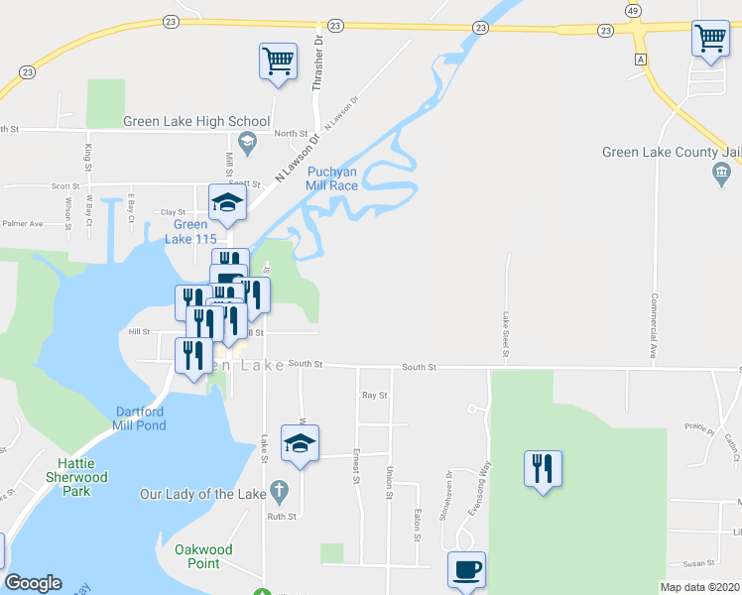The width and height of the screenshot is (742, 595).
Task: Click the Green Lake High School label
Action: pos(196,122)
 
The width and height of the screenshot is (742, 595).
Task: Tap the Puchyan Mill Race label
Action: pos(338,178)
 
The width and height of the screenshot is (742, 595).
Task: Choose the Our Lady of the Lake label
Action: pos(202,493)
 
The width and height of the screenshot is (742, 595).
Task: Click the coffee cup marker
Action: pos(466,569)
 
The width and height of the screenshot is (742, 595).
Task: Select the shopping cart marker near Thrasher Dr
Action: pos(279,60)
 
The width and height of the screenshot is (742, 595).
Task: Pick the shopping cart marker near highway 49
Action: pos(711,39)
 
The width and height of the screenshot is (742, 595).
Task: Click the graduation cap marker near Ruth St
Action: pos(300,442)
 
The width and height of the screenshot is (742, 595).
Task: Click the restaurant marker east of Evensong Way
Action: pos(543,467)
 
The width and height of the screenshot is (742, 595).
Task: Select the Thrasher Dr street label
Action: pos(318,65)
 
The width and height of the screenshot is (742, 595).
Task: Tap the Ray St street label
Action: pos(373,395)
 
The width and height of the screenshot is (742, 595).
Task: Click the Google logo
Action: pos(33,583)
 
